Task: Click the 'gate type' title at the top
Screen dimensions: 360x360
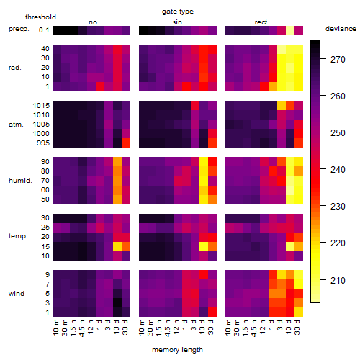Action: click(178, 12)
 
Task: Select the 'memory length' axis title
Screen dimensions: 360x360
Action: click(177, 350)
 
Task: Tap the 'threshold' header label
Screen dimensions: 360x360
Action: click(40, 17)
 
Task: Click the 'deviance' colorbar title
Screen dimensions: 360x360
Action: click(341, 29)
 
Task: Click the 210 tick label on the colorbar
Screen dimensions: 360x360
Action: click(338, 280)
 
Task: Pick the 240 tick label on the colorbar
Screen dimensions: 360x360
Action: click(338, 170)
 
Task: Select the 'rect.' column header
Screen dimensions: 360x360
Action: click(261, 22)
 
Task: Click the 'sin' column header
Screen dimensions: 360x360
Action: click(177, 22)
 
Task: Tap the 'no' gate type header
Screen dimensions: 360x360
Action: click(93, 22)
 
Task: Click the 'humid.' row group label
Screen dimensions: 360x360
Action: click(20, 181)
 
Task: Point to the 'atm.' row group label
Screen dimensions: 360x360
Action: click(16, 125)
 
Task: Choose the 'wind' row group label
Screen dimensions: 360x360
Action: click(17, 294)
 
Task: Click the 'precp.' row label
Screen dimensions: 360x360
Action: click(19, 29)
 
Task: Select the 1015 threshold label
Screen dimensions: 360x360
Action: click(41, 105)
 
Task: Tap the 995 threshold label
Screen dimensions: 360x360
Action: click(43, 143)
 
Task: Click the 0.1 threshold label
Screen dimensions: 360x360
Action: click(44, 30)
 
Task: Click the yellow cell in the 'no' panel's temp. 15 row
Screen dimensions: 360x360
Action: click(117, 246)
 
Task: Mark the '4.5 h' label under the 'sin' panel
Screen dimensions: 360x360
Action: click(168, 328)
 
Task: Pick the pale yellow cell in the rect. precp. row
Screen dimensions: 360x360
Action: click(290, 30)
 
